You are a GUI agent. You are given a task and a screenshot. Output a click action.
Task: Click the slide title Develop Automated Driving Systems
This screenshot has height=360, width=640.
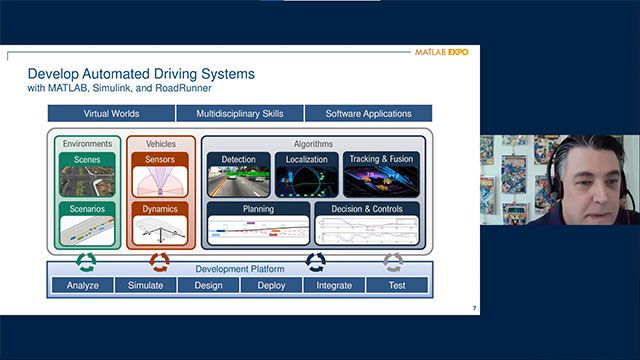pos(141,74)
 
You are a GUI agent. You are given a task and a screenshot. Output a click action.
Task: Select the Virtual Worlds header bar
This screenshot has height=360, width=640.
pos(110,114)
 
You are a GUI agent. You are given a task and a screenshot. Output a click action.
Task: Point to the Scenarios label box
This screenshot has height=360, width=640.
pos(87,209)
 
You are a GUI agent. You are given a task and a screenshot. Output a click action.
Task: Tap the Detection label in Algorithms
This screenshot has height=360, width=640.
pos(238,159)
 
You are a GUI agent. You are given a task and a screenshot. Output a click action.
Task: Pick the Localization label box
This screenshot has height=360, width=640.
pos(307,159)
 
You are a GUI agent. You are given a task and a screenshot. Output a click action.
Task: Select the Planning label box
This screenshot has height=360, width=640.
pos(258,209)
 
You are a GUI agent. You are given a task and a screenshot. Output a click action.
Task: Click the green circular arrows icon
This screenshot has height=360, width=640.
pos(87,262)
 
